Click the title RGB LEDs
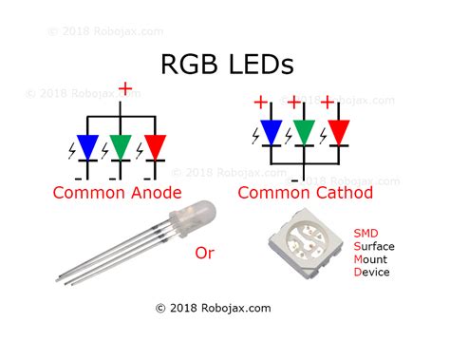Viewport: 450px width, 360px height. [x=224, y=65]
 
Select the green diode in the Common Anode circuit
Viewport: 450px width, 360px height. [x=122, y=147]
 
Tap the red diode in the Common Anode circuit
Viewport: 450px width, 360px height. [x=153, y=147]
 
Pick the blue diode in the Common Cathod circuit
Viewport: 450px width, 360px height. [x=271, y=132]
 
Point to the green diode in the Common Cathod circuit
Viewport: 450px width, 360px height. [x=303, y=132]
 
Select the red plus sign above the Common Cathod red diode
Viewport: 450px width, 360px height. [x=328, y=102]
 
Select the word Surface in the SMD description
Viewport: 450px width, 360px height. [x=374, y=245]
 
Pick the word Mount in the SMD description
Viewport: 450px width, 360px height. [x=371, y=258]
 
